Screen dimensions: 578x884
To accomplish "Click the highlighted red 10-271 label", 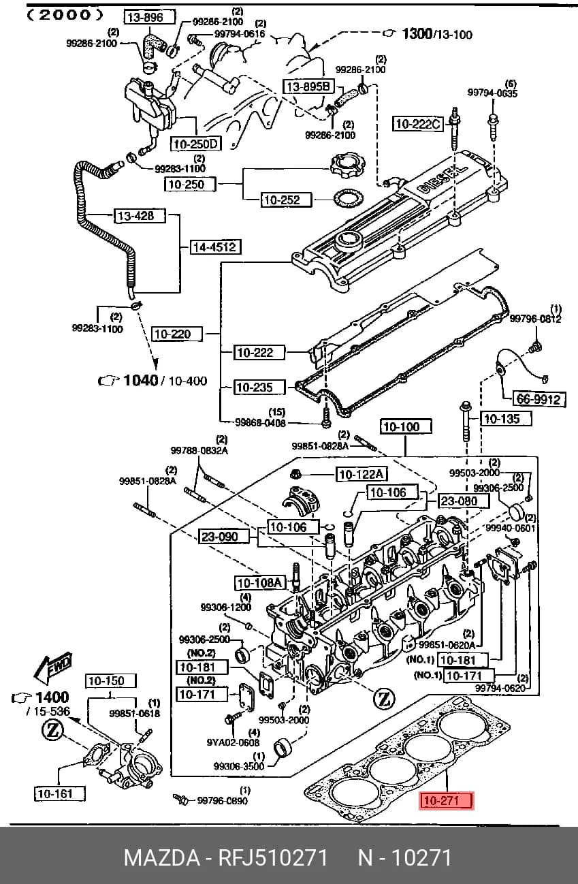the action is click(445, 801).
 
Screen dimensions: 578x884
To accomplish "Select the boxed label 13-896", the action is click(150, 17).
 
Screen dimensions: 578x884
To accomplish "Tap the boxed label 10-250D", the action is click(195, 144).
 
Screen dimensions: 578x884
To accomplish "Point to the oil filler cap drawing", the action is click(348, 165).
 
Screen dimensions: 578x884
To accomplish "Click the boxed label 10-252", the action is click(287, 200).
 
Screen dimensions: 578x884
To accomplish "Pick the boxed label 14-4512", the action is click(215, 247).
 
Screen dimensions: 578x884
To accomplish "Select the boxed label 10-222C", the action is click(418, 124).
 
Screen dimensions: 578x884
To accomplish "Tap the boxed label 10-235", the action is click(259, 387).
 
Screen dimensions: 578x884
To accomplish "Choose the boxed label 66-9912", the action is click(539, 399).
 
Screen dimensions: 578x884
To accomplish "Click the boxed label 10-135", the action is click(506, 418).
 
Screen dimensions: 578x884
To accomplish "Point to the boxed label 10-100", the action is click(406, 426).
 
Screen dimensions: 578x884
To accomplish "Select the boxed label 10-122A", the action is click(361, 474).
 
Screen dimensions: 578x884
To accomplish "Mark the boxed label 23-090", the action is click(224, 537).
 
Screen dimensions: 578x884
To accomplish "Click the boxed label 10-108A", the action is click(260, 582).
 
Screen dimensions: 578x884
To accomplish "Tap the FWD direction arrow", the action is click(53, 668).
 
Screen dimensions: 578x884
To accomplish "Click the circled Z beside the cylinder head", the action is click(384, 699).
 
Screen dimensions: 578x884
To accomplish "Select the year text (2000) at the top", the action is click(65, 15).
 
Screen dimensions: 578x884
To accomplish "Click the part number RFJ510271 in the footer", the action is click(273, 857).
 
